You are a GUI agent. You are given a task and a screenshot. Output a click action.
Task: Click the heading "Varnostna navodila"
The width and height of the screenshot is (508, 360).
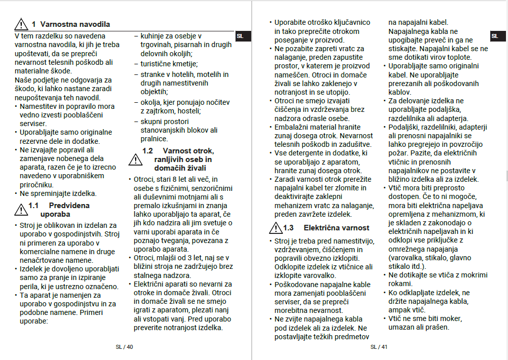coord(74,24)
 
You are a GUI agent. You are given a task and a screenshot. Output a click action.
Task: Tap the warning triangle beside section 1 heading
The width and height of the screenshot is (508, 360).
coord(21,24)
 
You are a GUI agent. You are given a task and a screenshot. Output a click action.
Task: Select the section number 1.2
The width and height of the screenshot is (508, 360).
coord(147,150)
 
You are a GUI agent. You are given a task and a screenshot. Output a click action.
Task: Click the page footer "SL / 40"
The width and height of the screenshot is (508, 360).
coord(124,347)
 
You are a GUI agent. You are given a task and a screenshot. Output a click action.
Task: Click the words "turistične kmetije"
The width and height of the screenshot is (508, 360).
coord(169,64)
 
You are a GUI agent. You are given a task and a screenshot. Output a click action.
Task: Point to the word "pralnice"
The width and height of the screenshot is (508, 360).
coord(154,138)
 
